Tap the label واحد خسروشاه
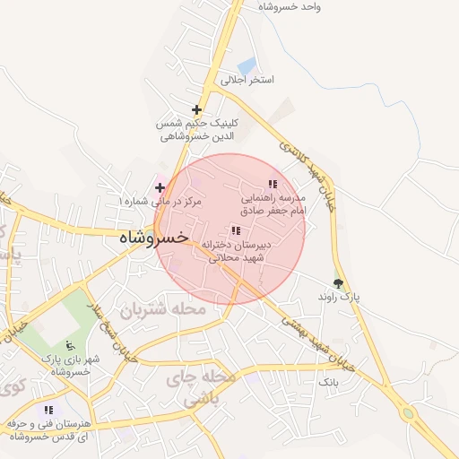[x=290, y=6]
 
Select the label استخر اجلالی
[x=248, y=80]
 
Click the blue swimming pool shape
[x=247, y=65]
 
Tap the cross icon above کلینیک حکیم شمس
[x=196, y=109]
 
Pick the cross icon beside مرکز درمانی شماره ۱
[x=160, y=187]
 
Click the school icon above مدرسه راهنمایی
[x=273, y=184]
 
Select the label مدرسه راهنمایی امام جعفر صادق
[x=273, y=203]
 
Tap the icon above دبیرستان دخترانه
[x=236, y=230]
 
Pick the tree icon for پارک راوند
[x=338, y=282]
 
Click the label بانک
[x=325, y=382]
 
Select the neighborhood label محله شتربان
[x=164, y=309]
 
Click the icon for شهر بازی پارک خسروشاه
[x=71, y=345]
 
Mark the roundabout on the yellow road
[x=411, y=414]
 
